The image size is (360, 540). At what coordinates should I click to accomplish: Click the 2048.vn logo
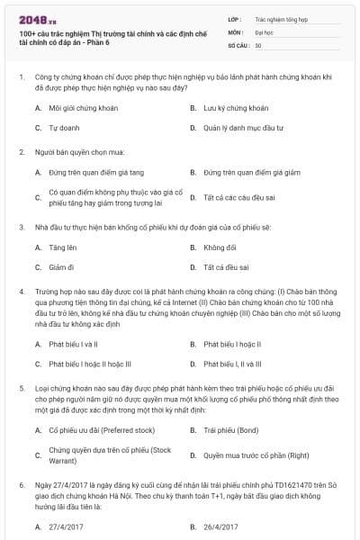(33, 18)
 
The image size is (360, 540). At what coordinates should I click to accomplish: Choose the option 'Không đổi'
(220, 247)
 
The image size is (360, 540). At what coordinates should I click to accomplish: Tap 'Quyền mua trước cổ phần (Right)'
(256, 455)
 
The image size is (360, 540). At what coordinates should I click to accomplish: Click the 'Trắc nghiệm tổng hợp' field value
(278, 18)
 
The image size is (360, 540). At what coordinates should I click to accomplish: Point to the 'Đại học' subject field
(265, 31)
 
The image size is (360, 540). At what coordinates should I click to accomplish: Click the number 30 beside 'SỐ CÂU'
(258, 45)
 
